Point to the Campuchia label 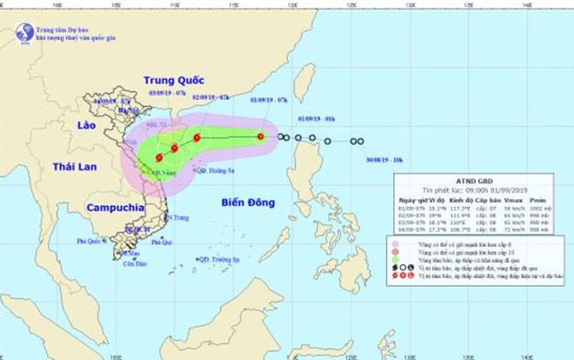(115, 208)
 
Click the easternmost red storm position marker (260, 137)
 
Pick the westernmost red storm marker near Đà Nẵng (159, 157)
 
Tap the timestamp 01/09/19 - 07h (267, 99)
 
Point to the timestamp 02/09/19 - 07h (210, 97)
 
